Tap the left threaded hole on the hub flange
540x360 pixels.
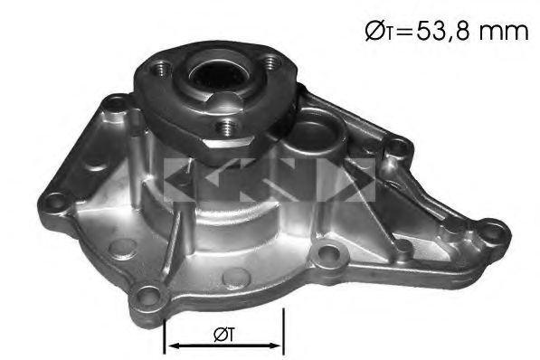tap(160, 68)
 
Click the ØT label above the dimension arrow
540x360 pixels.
tap(223, 334)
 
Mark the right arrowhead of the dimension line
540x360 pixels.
tap(279, 345)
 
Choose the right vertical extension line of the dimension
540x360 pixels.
tap(284, 331)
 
